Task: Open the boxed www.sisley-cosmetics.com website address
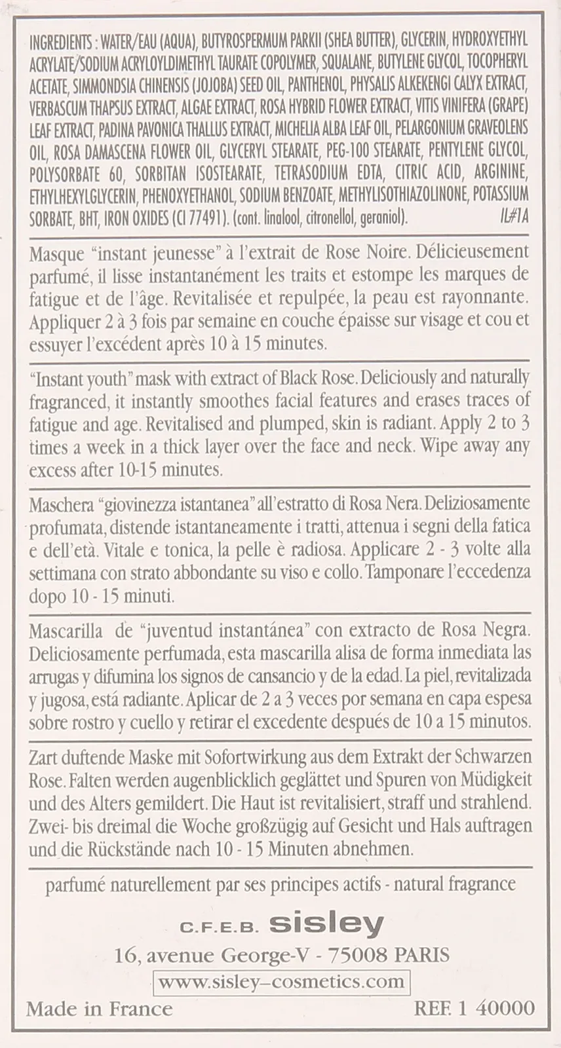coord(281,982)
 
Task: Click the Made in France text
coord(99,1009)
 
